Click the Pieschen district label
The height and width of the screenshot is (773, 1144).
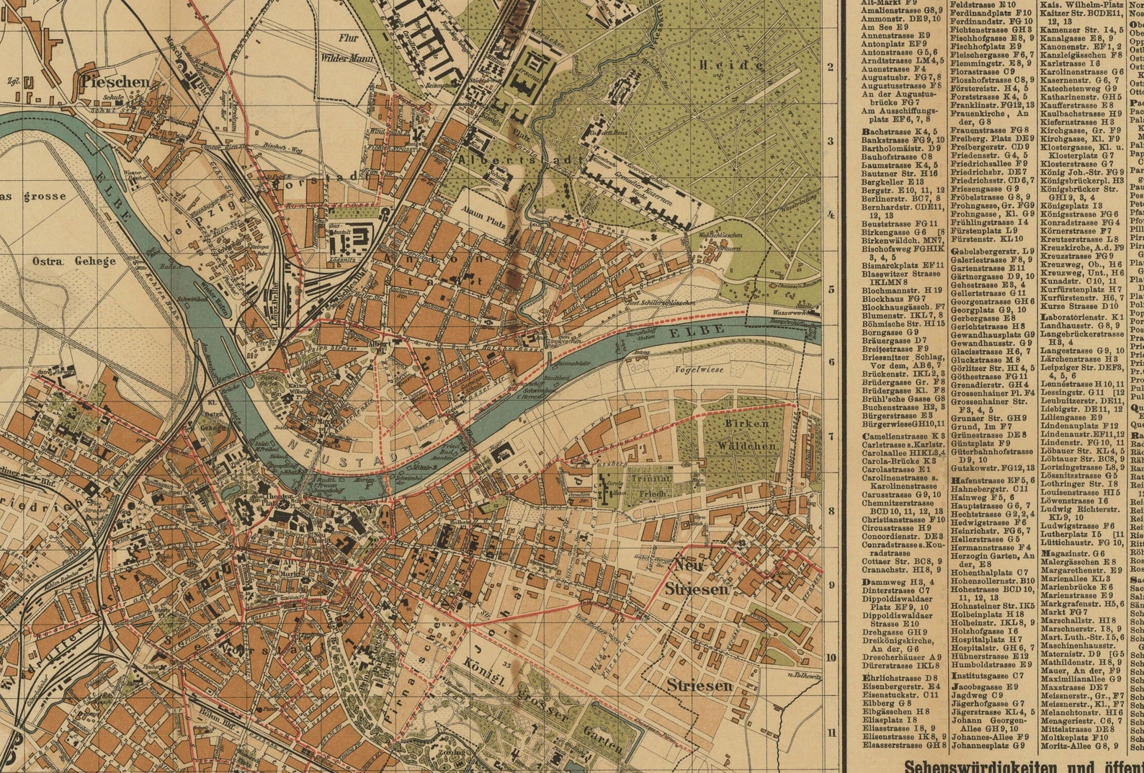(115, 81)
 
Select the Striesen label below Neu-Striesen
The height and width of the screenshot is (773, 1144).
(699, 685)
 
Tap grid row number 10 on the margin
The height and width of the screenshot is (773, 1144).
(831, 657)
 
